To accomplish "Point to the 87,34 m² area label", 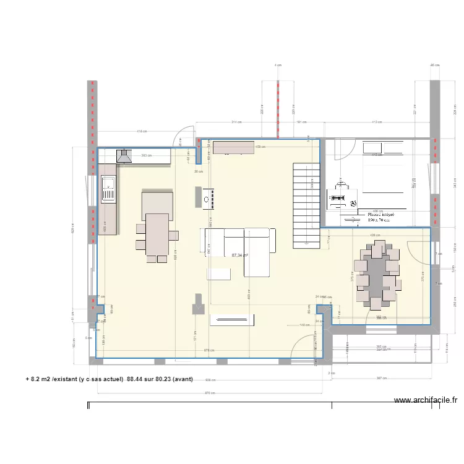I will (239, 255).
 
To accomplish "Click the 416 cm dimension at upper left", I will (142, 132).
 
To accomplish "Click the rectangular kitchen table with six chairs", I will (157, 235).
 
